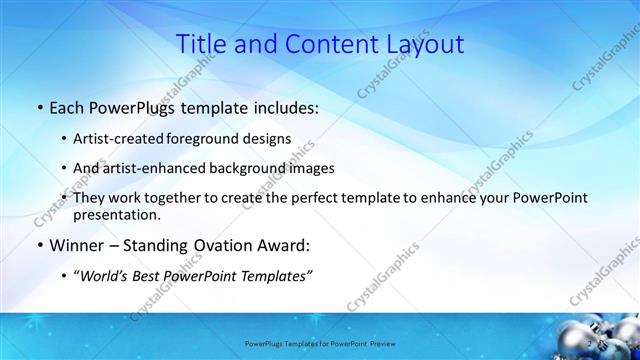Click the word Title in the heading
click(x=202, y=44)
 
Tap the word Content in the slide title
click(x=321, y=44)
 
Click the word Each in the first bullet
click(x=66, y=107)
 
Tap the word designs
click(x=273, y=138)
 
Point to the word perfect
click(x=327, y=198)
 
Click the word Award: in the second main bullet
click(x=289, y=245)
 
